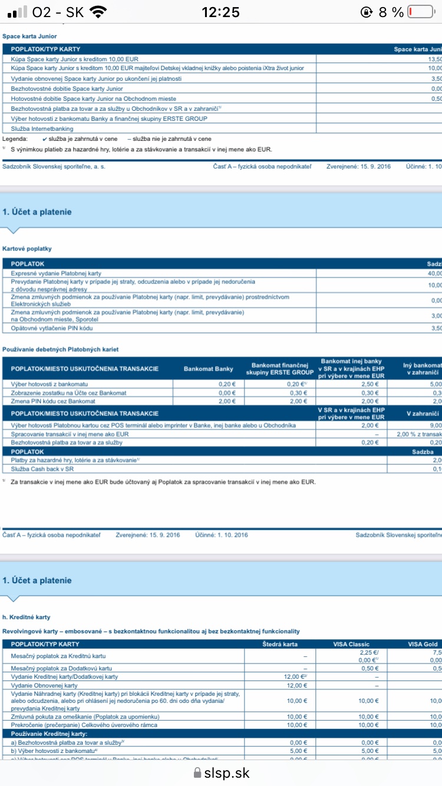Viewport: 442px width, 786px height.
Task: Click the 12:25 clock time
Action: (220, 12)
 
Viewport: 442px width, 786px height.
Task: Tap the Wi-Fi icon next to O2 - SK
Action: (99, 12)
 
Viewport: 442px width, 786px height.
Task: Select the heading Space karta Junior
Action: (29, 37)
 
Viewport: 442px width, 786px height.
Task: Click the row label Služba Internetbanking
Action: (42, 128)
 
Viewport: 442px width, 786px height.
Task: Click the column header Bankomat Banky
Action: (208, 369)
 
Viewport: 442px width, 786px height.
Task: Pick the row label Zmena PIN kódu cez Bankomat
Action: (54, 401)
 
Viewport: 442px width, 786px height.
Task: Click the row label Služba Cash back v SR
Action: (43, 469)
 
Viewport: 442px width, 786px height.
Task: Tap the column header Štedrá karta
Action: (280, 644)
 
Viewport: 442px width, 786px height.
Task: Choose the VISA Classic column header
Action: (351, 644)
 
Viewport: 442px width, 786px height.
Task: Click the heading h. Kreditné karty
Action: (26, 617)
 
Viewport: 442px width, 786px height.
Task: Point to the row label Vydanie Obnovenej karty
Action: (44, 686)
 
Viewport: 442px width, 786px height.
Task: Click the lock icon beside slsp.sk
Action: (197, 773)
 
